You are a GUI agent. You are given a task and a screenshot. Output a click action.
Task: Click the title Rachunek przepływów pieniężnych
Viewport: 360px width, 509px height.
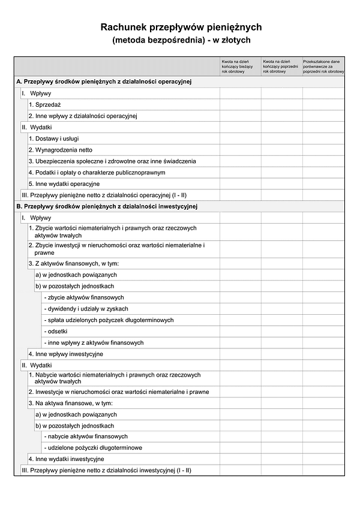tap(181, 27)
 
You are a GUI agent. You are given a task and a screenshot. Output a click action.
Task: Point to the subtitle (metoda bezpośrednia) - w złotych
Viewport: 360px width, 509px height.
tap(181, 40)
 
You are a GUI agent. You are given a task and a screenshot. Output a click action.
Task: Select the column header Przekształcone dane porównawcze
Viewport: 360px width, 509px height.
tap(323, 66)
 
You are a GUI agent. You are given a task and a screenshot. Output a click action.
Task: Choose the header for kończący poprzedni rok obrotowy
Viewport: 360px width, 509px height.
tap(281, 66)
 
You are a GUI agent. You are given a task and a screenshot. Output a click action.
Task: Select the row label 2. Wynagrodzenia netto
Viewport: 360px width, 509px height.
tap(60, 150)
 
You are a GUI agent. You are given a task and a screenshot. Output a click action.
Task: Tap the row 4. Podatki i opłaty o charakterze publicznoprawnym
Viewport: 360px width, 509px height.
tap(97, 173)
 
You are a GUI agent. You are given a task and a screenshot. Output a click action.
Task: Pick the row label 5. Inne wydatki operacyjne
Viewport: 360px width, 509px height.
tap(64, 184)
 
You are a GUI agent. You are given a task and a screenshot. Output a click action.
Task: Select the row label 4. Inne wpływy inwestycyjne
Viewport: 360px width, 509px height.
tap(65, 354)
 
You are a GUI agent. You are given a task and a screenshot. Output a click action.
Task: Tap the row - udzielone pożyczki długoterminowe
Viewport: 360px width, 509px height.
tap(93, 448)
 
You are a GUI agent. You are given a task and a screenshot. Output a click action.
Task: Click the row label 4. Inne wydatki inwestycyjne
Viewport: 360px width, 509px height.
tap(66, 459)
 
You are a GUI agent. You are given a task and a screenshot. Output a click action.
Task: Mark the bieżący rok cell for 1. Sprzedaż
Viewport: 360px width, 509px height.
tap(240, 104)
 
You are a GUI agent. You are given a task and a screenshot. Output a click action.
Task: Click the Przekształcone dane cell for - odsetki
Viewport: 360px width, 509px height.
tap(323, 332)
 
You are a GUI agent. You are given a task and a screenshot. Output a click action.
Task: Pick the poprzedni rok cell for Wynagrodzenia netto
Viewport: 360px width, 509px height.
tap(281, 150)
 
